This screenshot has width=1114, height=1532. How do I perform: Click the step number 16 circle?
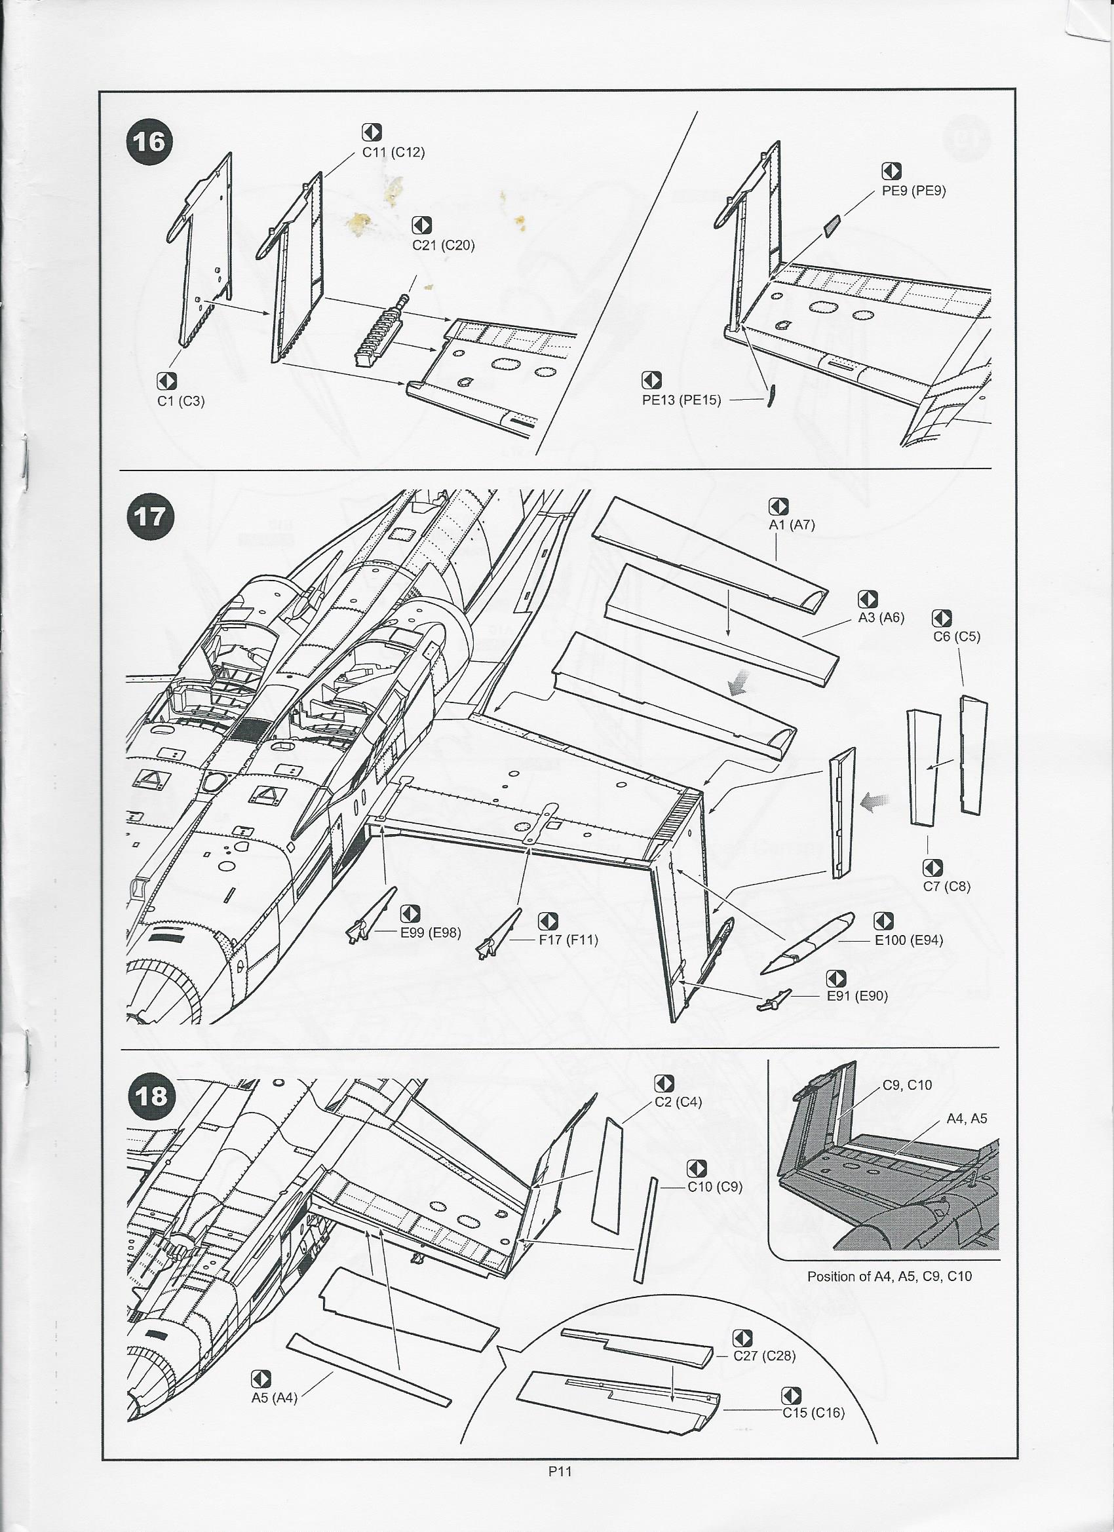click(x=149, y=142)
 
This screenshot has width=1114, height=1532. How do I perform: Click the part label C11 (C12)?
click(x=393, y=152)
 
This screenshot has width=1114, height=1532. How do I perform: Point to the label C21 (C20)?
click(x=443, y=244)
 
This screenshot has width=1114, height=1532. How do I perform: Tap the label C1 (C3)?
click(x=180, y=400)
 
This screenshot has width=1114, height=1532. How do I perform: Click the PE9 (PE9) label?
click(x=914, y=191)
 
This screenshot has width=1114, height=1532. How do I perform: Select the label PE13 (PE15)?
click(x=681, y=400)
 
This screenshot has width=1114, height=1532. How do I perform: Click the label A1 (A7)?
click(x=792, y=525)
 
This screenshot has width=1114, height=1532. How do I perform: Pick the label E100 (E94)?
click(x=909, y=940)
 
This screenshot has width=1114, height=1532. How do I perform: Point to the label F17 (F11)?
click(x=568, y=939)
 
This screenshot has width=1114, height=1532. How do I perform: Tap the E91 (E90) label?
click(x=857, y=995)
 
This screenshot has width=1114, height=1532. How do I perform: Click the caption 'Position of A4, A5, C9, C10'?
click(x=889, y=1276)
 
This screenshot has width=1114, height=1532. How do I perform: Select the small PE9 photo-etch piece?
click(x=832, y=225)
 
